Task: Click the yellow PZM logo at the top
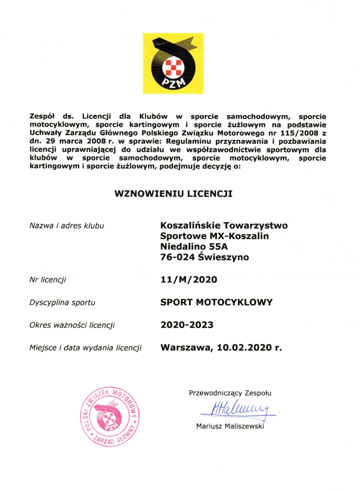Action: pos(173,64)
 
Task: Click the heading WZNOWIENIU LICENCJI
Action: pos(173,194)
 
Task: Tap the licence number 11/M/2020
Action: pos(189,280)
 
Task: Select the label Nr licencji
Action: pos(48,280)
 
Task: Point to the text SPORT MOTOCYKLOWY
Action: pos(216,302)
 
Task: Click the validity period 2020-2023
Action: pos(187,325)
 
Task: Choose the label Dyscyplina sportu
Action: pos(62,303)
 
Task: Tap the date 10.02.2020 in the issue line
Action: pos(244,348)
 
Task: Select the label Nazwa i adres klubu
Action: pos(67,226)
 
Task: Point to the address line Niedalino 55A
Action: pos(194,247)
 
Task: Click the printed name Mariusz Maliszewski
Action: pos(230,426)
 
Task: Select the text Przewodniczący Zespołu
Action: pos(230,393)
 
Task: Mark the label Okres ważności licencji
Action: pos(72,325)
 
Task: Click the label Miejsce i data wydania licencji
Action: pos(85,348)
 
